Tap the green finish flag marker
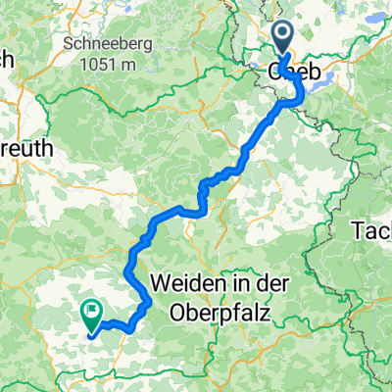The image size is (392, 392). pos(91,316)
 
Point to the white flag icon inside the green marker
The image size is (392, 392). pos(92,314)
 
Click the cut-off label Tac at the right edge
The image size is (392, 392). pos(372,230)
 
